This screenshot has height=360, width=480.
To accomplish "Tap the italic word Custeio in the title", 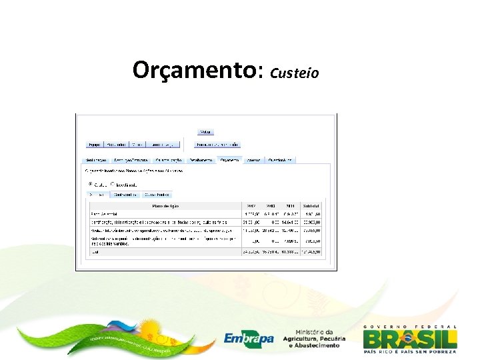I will pyautogui.click(x=295, y=71).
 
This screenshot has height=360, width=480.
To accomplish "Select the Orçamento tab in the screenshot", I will pyautogui.click(x=229, y=160).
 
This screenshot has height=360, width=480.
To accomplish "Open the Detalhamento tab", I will pyautogui.click(x=201, y=160).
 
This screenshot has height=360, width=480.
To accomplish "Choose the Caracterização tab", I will pyautogui.click(x=169, y=160).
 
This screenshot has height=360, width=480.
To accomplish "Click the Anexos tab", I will pyautogui.click(x=252, y=160).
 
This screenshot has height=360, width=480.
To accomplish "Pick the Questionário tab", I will pyautogui.click(x=279, y=160).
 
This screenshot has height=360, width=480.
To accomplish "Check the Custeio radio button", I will pyautogui.click(x=91, y=184).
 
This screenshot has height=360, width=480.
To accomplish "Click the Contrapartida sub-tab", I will pyautogui.click(x=125, y=195).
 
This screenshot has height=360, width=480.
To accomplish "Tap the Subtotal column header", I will pyautogui.click(x=311, y=206).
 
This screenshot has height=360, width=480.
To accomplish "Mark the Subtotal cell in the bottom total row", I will pyautogui.click(x=311, y=252).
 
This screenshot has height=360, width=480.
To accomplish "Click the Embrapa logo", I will pyautogui.click(x=249, y=338).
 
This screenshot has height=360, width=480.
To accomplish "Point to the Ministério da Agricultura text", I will pyautogui.click(x=319, y=338).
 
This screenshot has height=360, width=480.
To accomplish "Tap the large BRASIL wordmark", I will pyautogui.click(x=410, y=338).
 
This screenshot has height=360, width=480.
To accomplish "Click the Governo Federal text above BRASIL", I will pyautogui.click(x=410, y=326).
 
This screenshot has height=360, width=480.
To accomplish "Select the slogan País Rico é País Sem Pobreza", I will pyautogui.click(x=410, y=351).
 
